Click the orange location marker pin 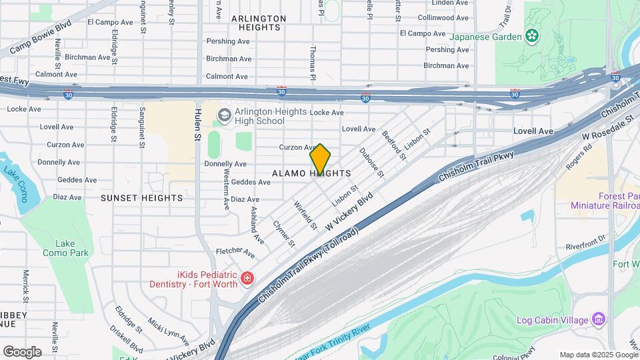[321, 159]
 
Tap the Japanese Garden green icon [533, 35]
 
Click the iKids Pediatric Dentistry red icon [247, 277]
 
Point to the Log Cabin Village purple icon [598, 319]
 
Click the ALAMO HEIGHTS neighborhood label [311, 173]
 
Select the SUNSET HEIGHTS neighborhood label [141, 198]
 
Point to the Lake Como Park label [65, 248]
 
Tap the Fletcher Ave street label [235, 253]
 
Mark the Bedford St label [394, 145]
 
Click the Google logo [22, 351]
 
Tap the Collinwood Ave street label [445, 17]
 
